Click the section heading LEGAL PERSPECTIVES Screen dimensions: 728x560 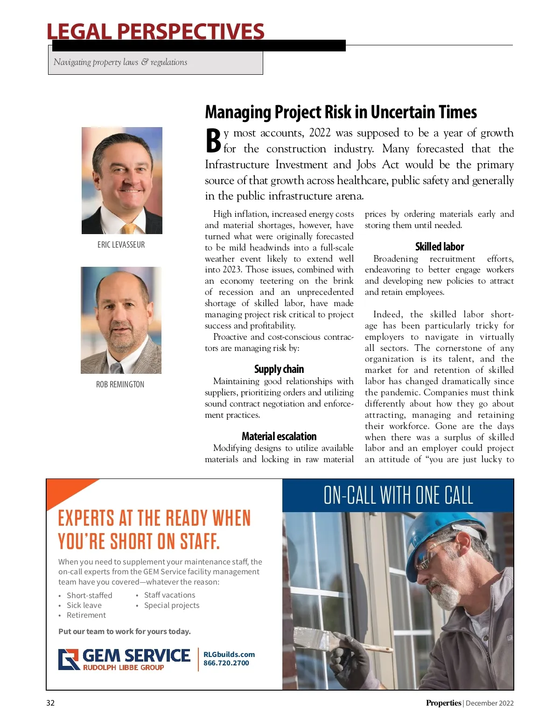(x=155, y=32)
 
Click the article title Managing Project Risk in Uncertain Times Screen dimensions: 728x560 (x=341, y=112)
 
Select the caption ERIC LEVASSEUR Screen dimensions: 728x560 (x=121, y=245)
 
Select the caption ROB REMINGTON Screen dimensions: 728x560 (x=120, y=385)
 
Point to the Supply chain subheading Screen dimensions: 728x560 (x=279, y=369)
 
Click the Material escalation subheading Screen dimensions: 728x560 (x=279, y=436)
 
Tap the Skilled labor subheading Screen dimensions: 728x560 (x=440, y=247)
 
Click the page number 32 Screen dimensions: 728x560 (x=50, y=703)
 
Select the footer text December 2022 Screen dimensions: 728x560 (x=490, y=703)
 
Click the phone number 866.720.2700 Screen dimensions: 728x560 (x=226, y=663)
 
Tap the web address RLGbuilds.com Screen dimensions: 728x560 (x=229, y=654)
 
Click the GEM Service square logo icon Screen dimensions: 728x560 (x=69, y=659)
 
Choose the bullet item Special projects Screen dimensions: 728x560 (x=172, y=605)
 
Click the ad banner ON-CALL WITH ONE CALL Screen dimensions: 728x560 (x=398, y=495)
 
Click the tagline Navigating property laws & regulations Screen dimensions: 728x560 (x=120, y=62)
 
